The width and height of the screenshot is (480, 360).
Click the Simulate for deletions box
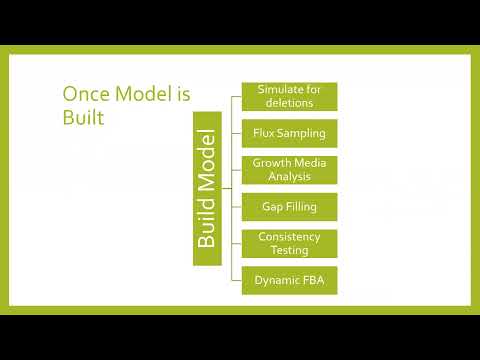pos(289,96)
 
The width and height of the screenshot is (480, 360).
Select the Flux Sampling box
pos(289,133)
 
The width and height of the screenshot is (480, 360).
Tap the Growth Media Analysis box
pos(289,170)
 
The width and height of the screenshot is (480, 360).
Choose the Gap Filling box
pos(289,207)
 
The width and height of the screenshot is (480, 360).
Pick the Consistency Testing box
pos(289,243)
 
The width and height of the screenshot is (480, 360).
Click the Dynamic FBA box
pos(289,280)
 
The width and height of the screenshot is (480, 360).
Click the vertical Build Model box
pos(207,188)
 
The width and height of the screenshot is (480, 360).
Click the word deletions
pos(289,103)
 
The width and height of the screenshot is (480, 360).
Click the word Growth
pos(272,163)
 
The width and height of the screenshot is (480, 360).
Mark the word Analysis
pos(289,177)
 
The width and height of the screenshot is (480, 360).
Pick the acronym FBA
pos(314,280)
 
